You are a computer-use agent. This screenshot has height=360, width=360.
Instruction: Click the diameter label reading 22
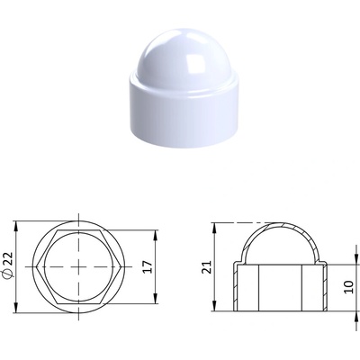[9, 258]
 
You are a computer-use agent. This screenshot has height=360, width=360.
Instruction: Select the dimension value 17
[148, 266]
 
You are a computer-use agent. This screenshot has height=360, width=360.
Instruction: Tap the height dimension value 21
[206, 266]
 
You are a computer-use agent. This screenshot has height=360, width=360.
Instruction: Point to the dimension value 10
[349, 287]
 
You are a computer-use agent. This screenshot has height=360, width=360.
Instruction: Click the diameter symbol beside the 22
[9, 274]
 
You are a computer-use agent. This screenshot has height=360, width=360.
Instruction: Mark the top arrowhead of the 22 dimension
[16, 226]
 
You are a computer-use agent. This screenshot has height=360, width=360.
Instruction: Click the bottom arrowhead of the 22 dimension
[16, 308]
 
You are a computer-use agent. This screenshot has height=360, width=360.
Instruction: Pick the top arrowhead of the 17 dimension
[156, 235]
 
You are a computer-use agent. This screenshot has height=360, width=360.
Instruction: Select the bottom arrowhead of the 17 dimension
[156, 299]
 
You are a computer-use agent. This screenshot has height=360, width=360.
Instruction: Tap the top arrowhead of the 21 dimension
[214, 228]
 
